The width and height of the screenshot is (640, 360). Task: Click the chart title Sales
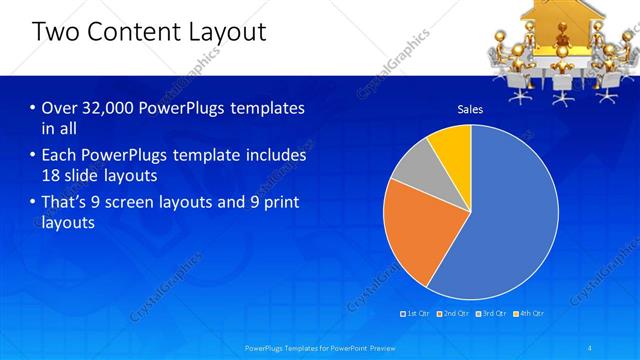pos(470,109)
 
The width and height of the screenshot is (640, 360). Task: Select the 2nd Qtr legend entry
pos(455,314)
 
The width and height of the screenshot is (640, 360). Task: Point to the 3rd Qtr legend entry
pos(492,314)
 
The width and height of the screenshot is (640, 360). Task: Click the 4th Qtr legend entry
pos(529,314)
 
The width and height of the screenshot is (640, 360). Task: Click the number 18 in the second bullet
pos(52,175)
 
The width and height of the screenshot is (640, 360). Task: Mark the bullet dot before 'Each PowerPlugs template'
pos(33,156)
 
